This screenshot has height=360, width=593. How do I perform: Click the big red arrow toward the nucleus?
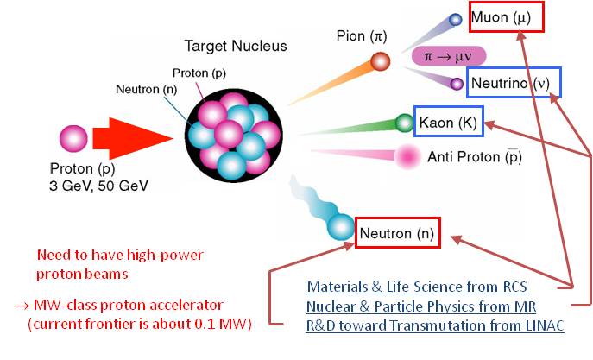coord(132,138)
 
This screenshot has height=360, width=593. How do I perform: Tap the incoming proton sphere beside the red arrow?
coord(73,138)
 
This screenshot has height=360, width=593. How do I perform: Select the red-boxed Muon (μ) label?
coord(507,17)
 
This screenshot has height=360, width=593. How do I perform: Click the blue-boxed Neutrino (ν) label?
coord(514,83)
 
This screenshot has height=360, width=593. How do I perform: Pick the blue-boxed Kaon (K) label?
coord(449,122)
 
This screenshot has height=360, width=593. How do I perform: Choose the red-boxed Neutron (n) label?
coord(398,233)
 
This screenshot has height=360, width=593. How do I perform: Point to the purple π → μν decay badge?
coord(449,56)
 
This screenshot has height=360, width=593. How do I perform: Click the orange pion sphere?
coord(380,61)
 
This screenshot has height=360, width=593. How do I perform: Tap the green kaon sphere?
coord(405,123)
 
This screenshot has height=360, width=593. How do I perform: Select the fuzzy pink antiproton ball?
coord(407,156)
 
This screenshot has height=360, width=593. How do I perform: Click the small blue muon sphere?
coord(456,19)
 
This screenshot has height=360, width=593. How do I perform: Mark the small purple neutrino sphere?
coord(457,84)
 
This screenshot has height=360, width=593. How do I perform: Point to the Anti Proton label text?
coord(475,156)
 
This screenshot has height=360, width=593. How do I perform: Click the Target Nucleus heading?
coord(236,46)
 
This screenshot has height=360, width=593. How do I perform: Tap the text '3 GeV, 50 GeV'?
coord(98,186)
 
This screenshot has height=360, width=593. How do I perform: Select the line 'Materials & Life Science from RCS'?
coord(417,287)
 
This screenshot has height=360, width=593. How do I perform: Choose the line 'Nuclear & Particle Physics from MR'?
coord(421,306)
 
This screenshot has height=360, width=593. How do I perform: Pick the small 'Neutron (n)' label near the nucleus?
coord(147,89)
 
